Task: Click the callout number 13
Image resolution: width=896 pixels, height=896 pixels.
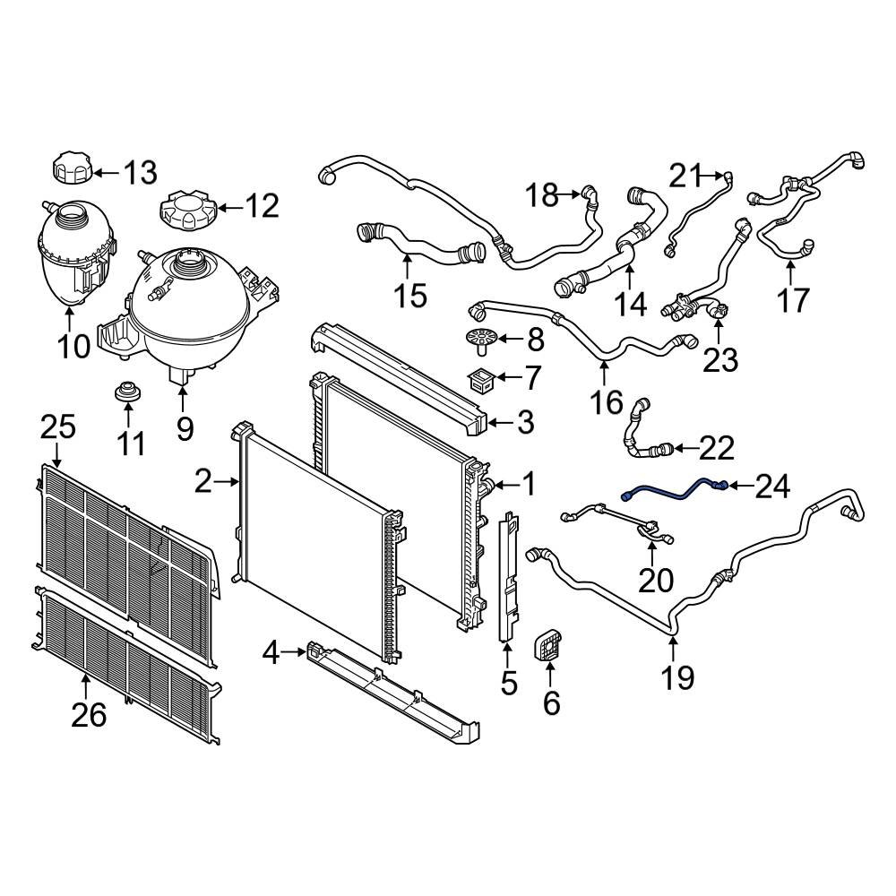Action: tap(140, 172)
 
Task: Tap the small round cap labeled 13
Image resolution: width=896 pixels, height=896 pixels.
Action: tap(71, 168)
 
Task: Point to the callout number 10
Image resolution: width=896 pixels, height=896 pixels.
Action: tap(75, 345)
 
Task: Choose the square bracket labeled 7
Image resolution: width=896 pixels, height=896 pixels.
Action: tap(485, 377)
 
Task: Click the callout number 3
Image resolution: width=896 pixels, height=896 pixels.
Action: tap(525, 420)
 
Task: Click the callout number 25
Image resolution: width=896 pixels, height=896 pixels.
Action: tap(59, 428)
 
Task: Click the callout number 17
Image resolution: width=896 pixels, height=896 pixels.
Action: tap(792, 300)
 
